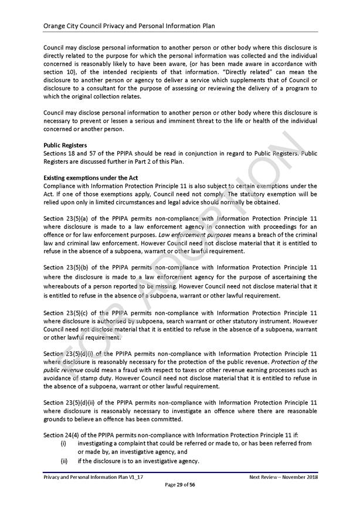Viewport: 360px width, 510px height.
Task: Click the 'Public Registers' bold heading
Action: pyautogui.click(x=66, y=144)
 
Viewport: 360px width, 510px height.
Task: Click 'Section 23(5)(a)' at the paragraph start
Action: pyautogui.click(x=68, y=218)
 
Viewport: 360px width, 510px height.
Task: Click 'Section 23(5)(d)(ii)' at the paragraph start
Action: pyautogui.click(x=72, y=402)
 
